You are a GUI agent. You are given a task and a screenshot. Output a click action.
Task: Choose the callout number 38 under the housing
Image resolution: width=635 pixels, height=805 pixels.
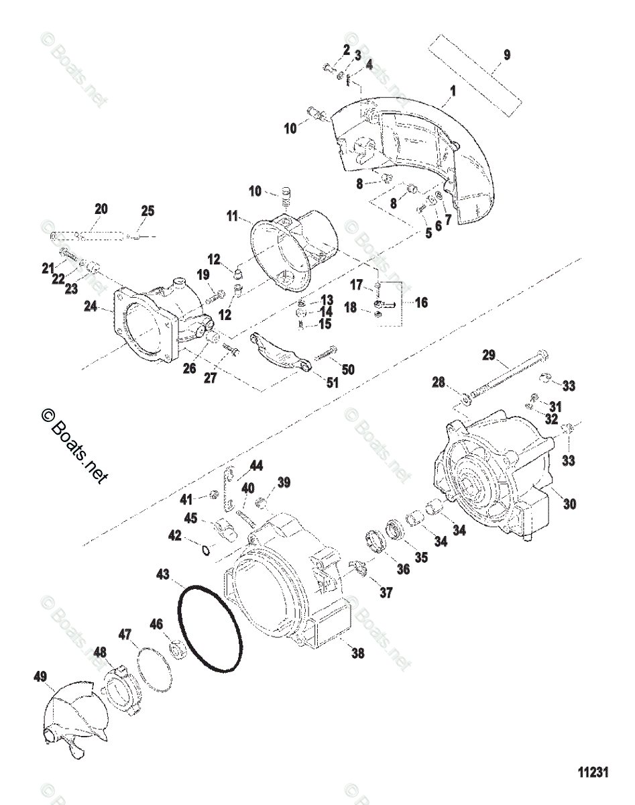358,653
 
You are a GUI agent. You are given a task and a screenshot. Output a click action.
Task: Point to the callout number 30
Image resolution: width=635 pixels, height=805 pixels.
570,502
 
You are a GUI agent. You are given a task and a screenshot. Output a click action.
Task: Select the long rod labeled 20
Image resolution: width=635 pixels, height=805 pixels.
88,235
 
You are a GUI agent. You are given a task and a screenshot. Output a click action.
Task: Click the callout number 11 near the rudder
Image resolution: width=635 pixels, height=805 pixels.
232,216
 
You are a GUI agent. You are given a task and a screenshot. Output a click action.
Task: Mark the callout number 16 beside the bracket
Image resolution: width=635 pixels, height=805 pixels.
420,303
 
